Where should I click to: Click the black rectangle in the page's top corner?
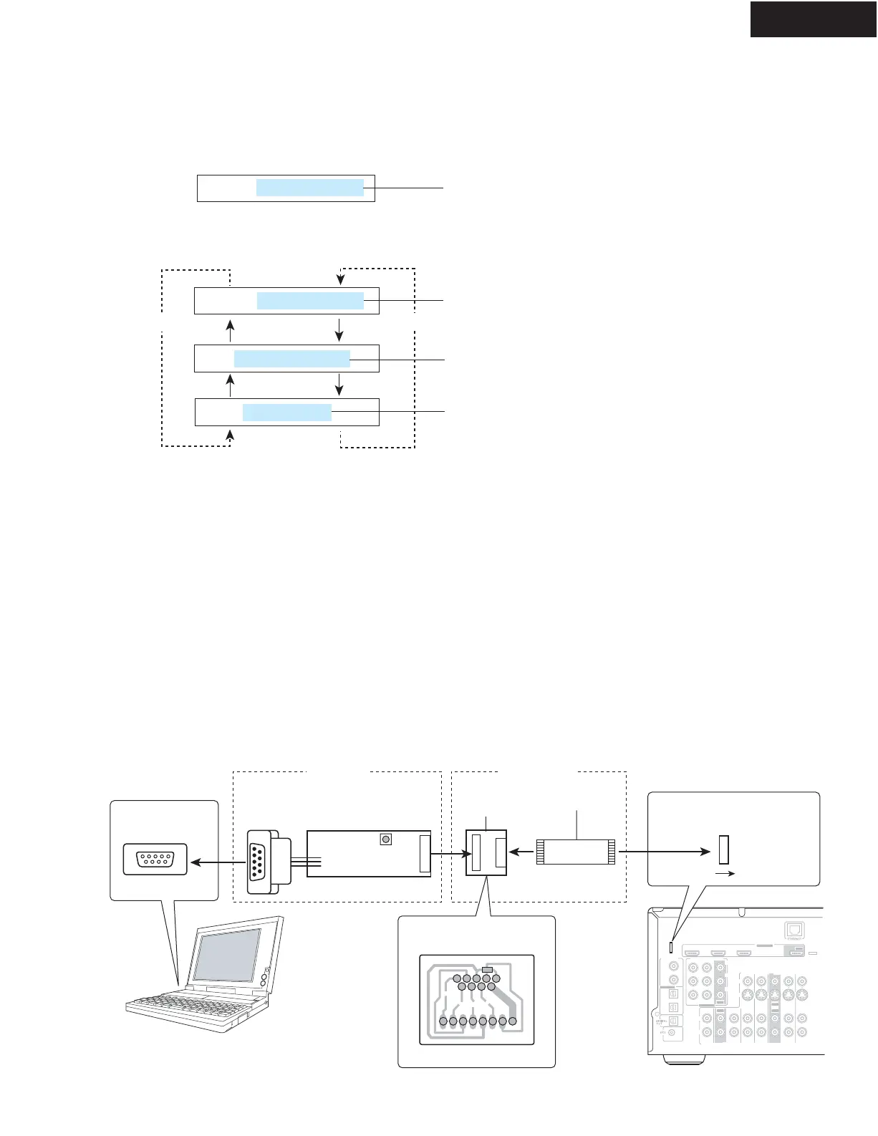coord(813,19)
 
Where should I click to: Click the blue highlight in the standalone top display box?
coord(310,188)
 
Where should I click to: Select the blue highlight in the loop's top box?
coord(310,301)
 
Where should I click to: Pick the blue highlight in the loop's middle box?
coord(292,359)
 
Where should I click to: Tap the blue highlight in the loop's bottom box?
coord(287,413)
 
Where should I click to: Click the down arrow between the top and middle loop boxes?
coord(339,329)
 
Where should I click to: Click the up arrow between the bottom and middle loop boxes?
coord(230,385)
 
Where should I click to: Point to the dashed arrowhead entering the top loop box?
coord(341,278)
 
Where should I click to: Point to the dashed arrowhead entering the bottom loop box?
coord(230,434)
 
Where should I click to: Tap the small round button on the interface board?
coord(386,839)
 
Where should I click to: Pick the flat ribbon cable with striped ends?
coord(576,852)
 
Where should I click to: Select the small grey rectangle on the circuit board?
coord(488,970)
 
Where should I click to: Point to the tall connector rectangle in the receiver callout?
coord(723,849)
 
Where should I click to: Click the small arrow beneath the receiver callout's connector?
coord(725,875)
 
